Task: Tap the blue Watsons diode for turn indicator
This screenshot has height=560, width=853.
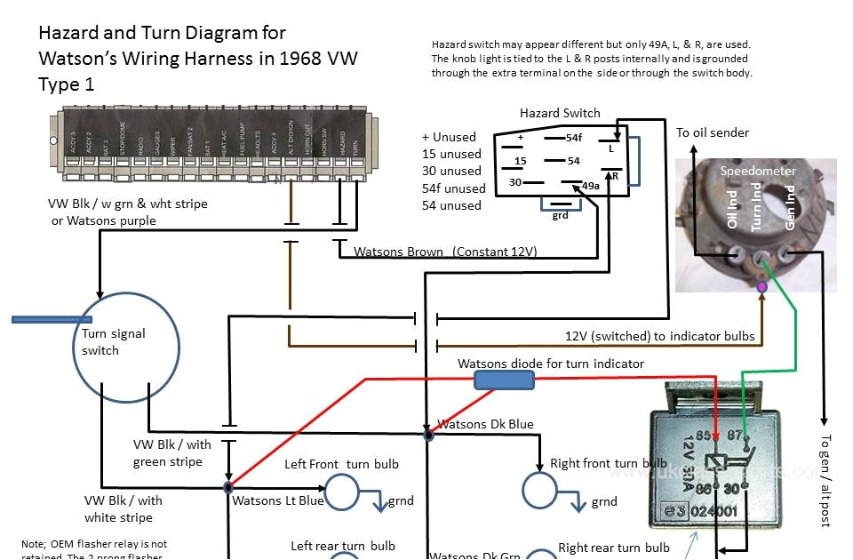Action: click(504, 380)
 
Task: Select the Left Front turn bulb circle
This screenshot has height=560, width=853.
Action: click(339, 490)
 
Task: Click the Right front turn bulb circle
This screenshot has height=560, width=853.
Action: click(538, 490)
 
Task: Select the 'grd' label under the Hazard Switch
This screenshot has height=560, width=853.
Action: click(560, 215)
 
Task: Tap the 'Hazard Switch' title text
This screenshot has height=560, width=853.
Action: click(560, 113)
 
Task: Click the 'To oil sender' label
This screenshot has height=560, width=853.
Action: click(713, 132)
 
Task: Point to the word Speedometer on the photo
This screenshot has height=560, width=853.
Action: click(758, 171)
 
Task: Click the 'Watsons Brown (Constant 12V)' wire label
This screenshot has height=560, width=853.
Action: click(445, 252)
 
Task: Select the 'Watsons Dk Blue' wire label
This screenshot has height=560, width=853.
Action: click(486, 424)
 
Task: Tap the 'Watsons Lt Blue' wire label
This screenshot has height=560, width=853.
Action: click(278, 500)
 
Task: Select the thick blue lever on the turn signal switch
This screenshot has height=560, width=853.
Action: click(52, 318)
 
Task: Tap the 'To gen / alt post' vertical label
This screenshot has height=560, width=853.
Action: click(825, 480)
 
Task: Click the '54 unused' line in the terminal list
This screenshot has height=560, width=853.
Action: click(451, 205)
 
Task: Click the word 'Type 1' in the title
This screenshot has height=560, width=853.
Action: click(68, 84)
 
